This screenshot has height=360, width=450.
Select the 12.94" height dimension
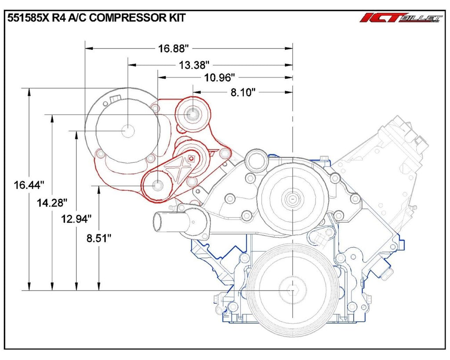(76, 218)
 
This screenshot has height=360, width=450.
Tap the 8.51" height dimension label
(98, 238)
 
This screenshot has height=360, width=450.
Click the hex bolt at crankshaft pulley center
(293, 291)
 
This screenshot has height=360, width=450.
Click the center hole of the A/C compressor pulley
(127, 131)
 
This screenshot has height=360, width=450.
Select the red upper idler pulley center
(192, 115)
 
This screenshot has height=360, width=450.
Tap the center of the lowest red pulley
(157, 185)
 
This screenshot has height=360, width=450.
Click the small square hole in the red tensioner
(191, 159)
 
